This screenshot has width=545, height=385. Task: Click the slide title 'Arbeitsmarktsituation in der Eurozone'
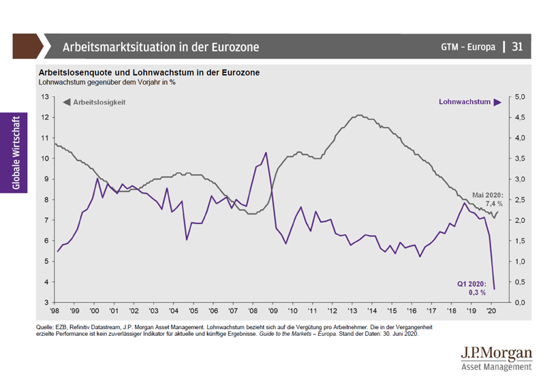[160, 47]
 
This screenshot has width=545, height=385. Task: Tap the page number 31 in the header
[517, 47]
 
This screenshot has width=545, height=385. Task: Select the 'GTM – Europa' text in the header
[468, 47]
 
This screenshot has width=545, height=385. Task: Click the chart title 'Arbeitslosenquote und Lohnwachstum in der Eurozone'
[149, 72]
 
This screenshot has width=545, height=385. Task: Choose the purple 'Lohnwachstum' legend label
[465, 102]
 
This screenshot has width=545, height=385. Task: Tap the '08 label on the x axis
[251, 311]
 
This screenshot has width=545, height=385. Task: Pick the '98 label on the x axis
[56, 311]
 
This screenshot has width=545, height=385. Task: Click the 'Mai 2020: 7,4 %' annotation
[488, 198]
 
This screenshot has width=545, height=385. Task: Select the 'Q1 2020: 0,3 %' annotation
[471, 288]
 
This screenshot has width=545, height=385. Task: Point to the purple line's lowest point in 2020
[494, 289]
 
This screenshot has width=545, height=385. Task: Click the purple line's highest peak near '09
[266, 153]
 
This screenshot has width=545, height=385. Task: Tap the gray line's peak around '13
[358, 115]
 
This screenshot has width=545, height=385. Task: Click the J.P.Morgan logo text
[496, 354]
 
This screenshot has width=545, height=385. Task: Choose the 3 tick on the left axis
[46, 302]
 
